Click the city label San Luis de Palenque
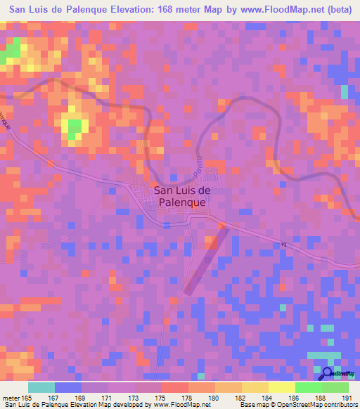point(181,195)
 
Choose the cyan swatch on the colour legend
point(41,387)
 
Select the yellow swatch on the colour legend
point(281,387)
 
